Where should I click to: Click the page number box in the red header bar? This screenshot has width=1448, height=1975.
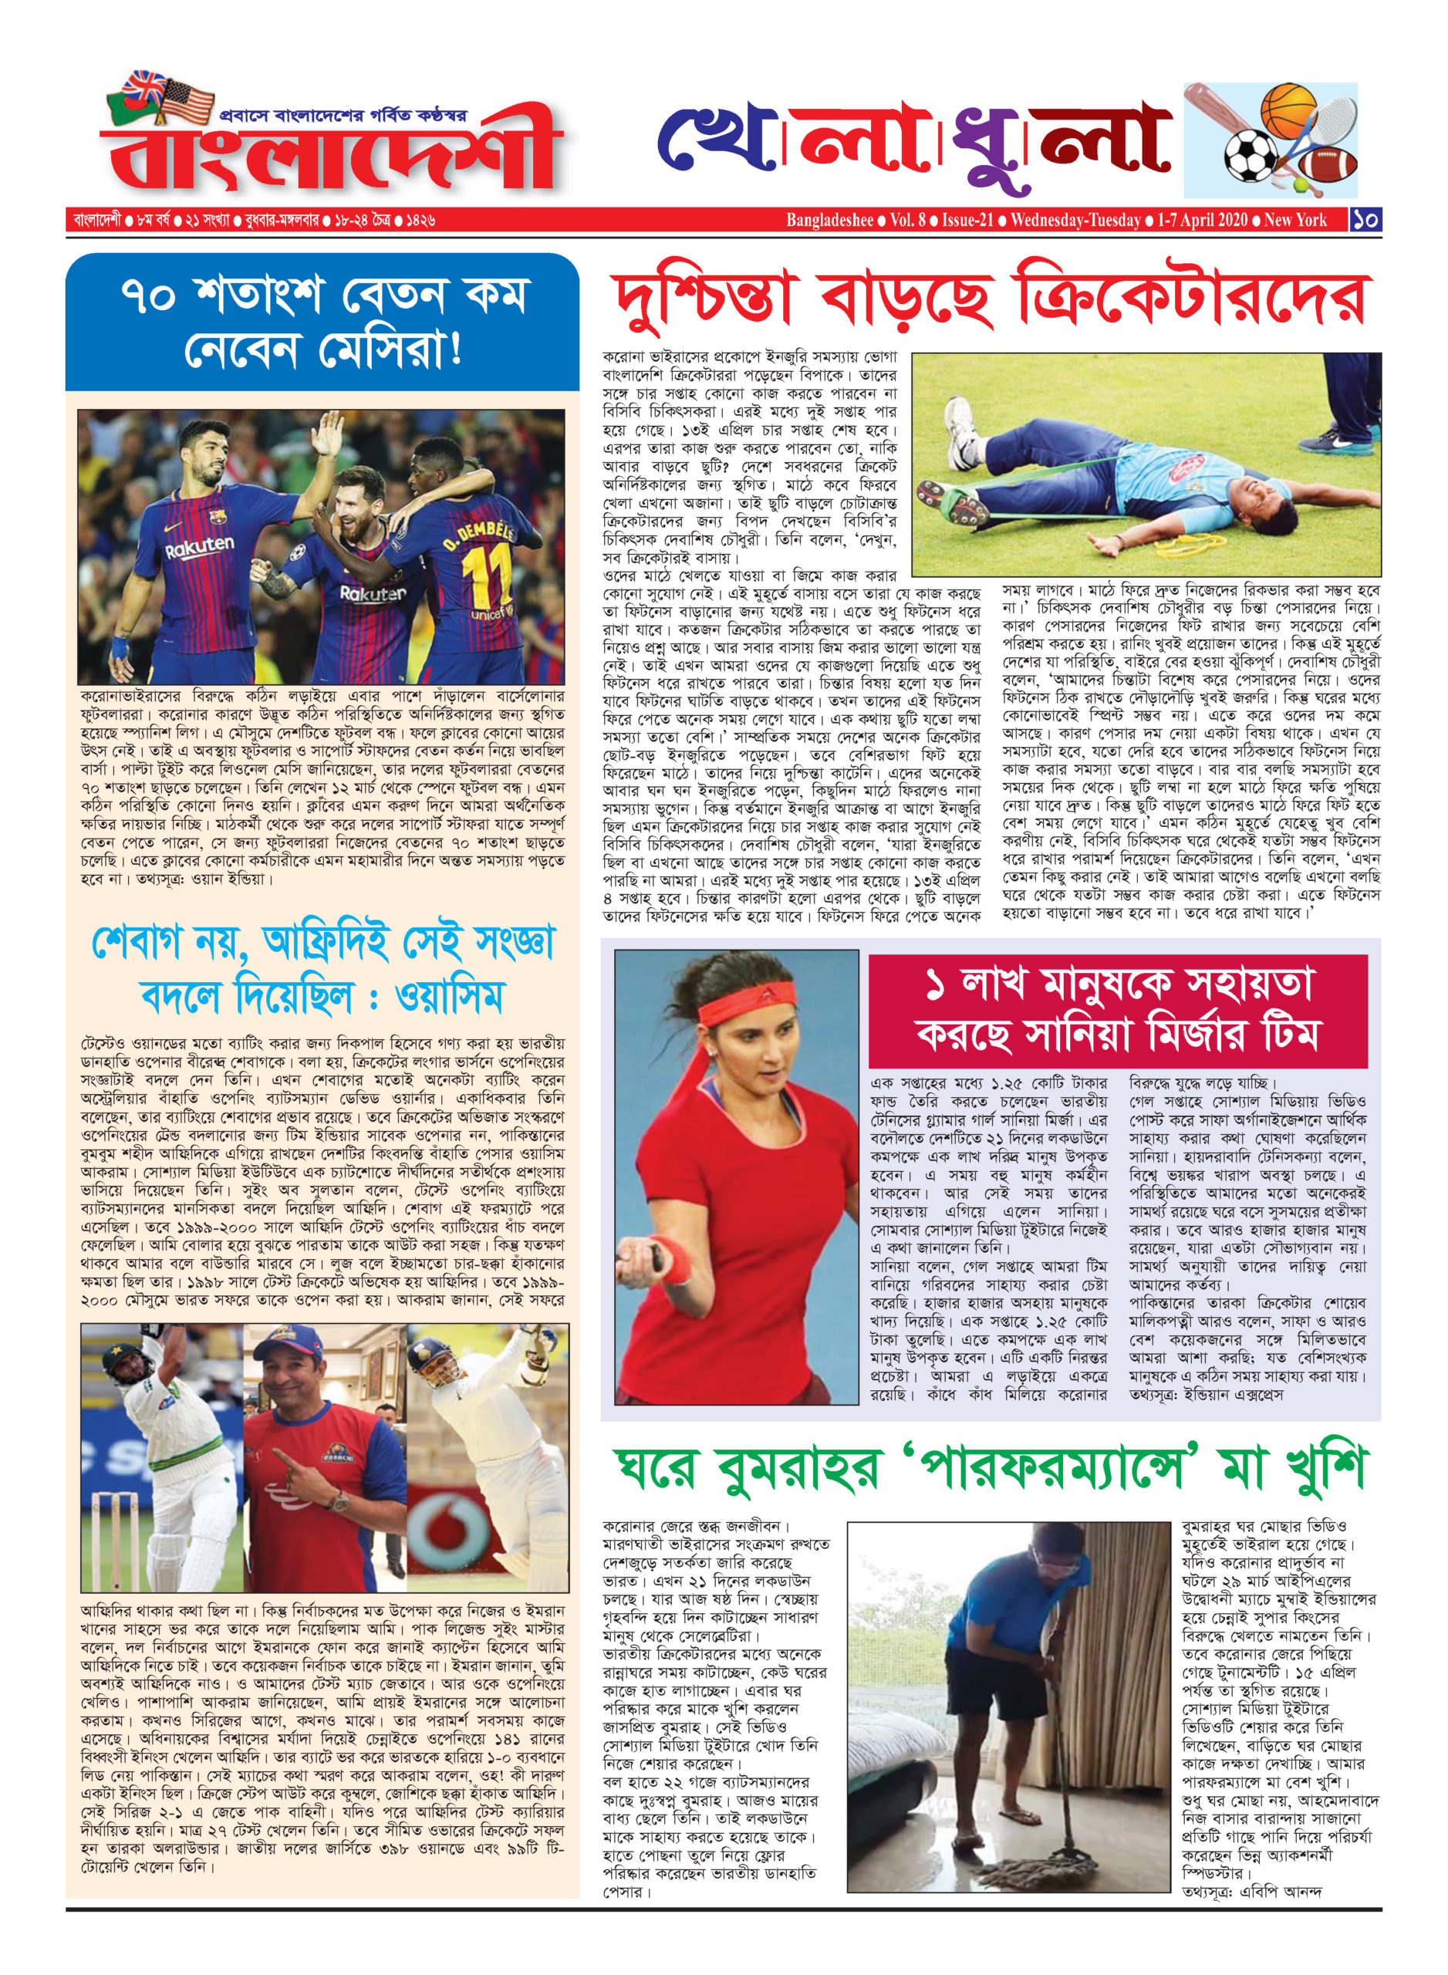(1365, 219)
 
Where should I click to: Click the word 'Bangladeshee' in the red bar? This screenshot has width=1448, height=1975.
(829, 219)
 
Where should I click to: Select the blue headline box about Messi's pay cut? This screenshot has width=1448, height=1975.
(322, 322)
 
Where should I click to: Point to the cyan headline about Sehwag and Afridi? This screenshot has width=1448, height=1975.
(322, 971)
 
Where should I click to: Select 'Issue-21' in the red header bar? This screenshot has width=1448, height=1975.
(967, 219)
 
